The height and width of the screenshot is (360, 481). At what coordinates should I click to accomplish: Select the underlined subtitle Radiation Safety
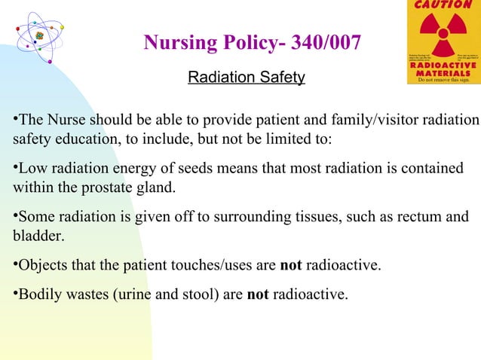(x=246, y=77)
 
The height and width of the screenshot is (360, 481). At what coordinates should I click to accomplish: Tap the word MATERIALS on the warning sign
(x=441, y=72)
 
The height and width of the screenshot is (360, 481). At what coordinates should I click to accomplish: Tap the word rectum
(x=414, y=218)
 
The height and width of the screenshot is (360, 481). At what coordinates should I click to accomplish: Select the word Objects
(x=39, y=265)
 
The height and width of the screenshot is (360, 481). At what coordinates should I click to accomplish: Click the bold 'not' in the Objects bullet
(x=291, y=265)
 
